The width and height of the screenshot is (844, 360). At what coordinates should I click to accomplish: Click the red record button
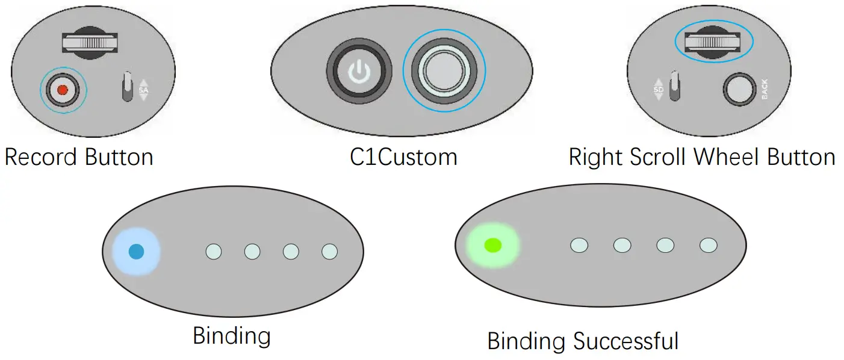pos(63,90)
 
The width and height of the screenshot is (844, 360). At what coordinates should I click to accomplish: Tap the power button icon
pos(359,72)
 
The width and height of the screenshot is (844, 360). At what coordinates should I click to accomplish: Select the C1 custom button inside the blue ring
pos(444,71)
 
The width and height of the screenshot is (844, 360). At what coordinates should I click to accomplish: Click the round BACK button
pos(739,90)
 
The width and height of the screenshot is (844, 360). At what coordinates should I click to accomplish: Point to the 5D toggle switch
pos(674,85)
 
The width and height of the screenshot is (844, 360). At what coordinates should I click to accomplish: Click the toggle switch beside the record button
pos(128,88)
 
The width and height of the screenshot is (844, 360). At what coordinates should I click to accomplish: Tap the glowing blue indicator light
pos(136,251)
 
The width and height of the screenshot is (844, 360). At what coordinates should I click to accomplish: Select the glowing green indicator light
pos(492,245)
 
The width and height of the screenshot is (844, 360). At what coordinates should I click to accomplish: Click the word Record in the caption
pos(41,158)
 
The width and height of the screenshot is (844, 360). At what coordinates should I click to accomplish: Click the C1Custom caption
pos(403,158)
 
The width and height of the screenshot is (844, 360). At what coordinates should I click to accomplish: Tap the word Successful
pos(625,341)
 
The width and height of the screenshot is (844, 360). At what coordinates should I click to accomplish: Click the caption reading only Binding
pos(231,336)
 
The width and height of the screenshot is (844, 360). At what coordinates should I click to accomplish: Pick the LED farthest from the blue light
pos(329,251)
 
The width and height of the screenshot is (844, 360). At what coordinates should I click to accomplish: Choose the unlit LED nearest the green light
pos(579,245)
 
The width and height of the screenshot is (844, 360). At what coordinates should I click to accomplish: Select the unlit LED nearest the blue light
pos(214,251)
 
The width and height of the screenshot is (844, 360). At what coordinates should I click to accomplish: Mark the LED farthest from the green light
pos(709,245)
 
